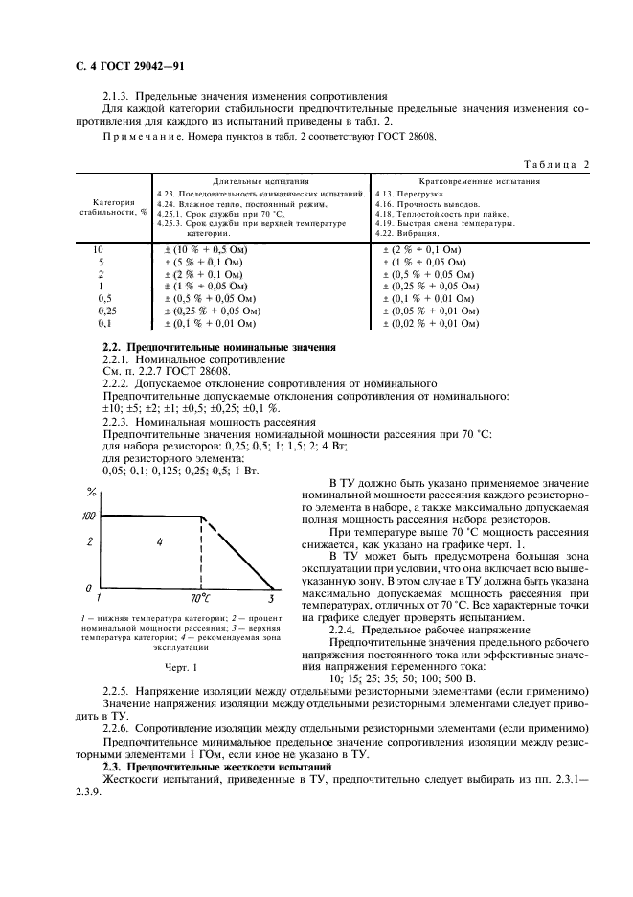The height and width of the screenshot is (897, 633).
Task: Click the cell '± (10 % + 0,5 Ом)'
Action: pyautogui.click(x=201, y=249)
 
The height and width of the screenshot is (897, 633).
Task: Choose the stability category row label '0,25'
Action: pyautogui.click(x=108, y=311)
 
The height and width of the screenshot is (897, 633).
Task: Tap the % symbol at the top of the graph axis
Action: pyautogui.click(x=91, y=494)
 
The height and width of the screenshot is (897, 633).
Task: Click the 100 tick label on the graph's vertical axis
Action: pyautogui.click(x=89, y=517)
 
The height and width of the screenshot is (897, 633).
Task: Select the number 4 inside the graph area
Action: pyautogui.click(x=160, y=542)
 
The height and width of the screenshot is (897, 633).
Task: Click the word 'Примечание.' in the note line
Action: pyautogui.click(x=136, y=137)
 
